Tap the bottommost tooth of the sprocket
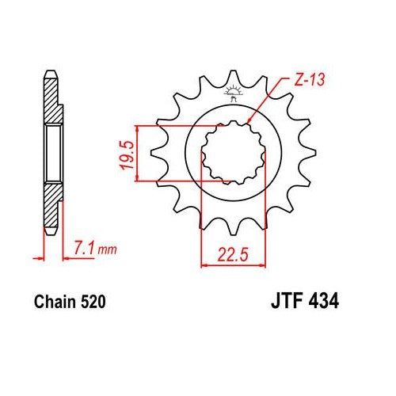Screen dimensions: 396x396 click(x=233, y=230)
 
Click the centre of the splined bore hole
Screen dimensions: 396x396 click(x=230, y=153)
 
